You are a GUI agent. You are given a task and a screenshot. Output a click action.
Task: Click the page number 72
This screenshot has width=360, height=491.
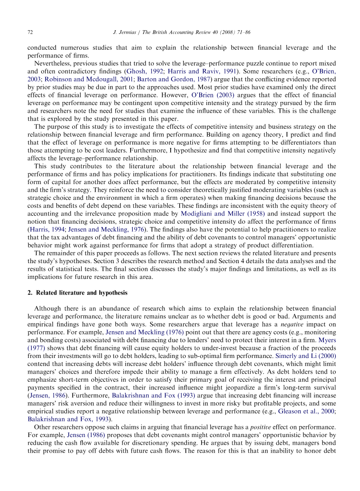pyautogui.click(x=30, y=32)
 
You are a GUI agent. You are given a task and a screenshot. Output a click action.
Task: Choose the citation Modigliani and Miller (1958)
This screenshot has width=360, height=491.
pyautogui.click(x=223, y=213)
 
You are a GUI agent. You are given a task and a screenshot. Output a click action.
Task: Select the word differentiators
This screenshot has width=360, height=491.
pyautogui.click(x=300, y=142)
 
